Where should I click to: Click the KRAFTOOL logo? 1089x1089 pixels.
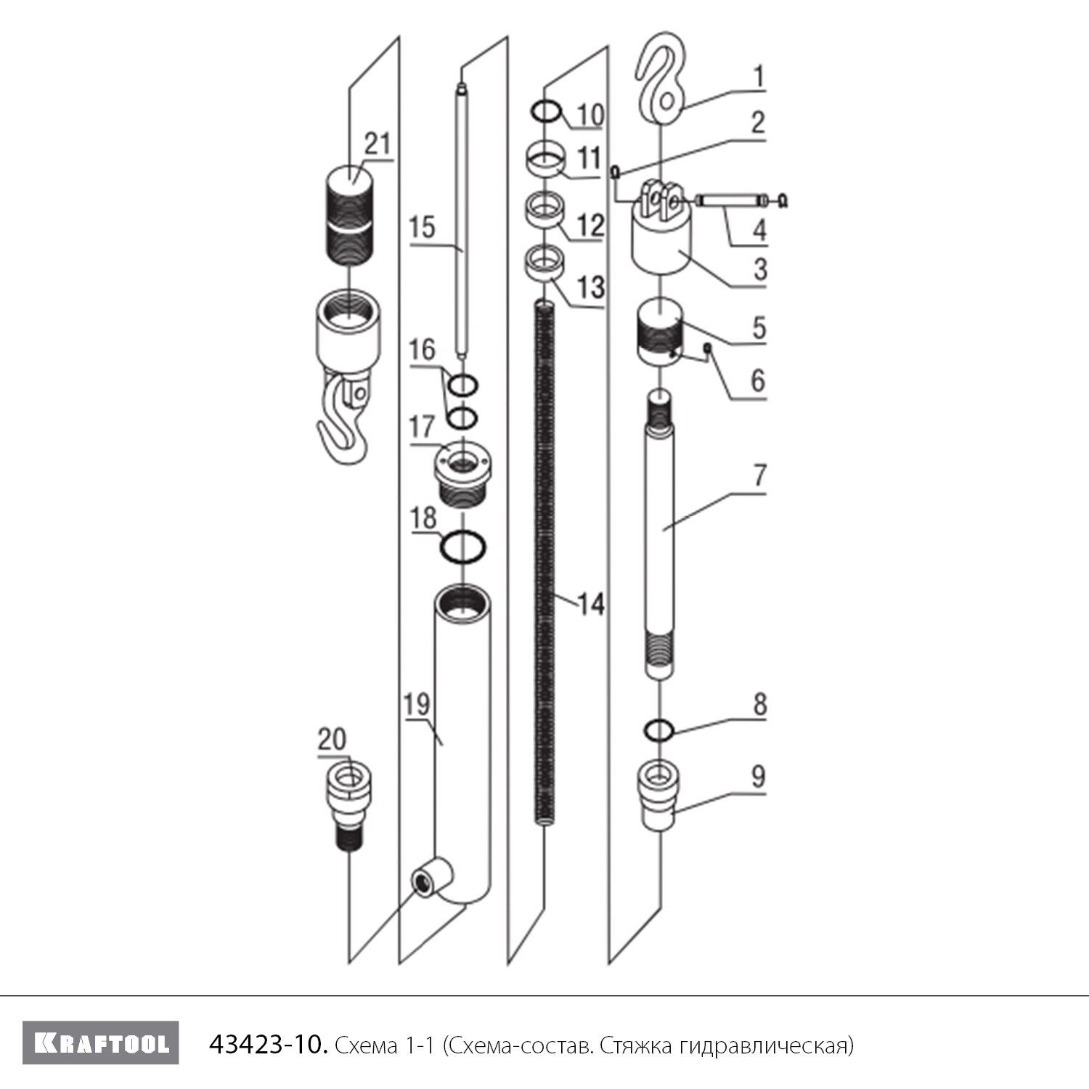(100, 1043)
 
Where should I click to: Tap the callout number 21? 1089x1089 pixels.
(377, 144)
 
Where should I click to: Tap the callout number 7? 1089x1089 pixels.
(759, 476)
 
